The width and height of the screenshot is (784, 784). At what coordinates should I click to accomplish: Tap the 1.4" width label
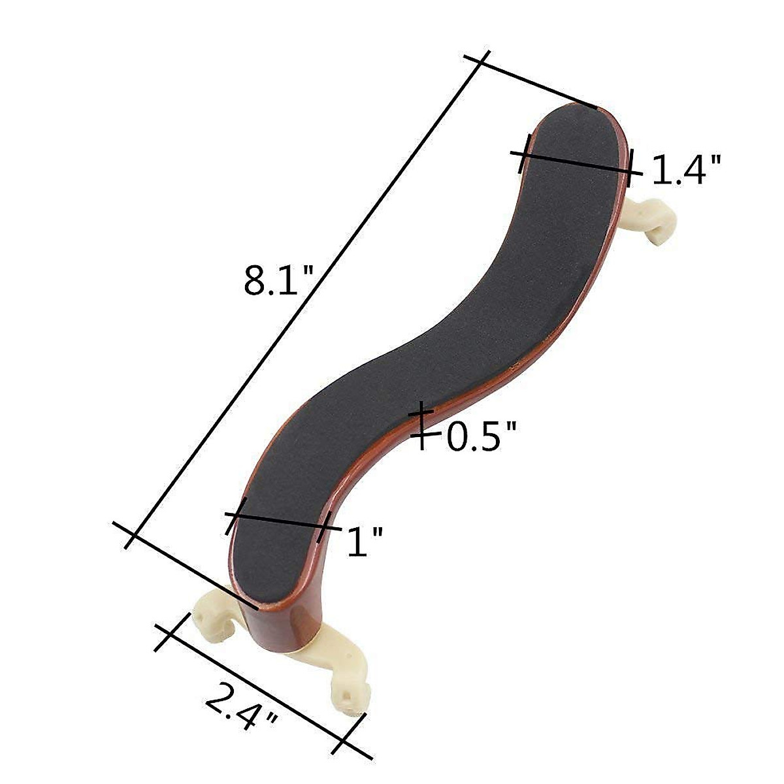[x=687, y=169]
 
